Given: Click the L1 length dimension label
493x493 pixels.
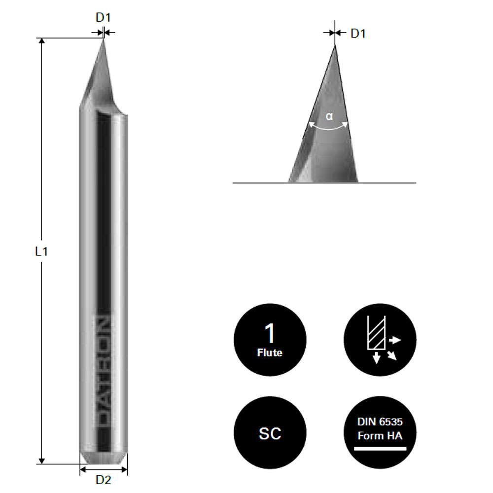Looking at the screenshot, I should (x=41, y=251).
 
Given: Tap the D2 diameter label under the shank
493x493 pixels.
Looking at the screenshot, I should (x=103, y=479).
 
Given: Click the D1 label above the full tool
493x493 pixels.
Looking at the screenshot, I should (x=103, y=18).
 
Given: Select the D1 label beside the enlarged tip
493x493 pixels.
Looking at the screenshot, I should (x=358, y=34).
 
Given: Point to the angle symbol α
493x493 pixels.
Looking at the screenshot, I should (x=329, y=117).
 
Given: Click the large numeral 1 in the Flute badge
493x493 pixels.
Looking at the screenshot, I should (x=270, y=334).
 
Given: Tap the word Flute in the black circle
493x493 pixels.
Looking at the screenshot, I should (x=270, y=352).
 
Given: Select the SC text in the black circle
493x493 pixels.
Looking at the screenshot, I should (x=270, y=433).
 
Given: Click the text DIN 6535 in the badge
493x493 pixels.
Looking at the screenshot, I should (x=380, y=423).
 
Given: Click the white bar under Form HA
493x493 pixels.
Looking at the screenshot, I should (x=380, y=449).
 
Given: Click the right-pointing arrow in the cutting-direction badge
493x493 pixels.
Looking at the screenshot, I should (x=395, y=340).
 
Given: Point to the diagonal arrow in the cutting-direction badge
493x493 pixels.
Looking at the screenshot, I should (x=392, y=355).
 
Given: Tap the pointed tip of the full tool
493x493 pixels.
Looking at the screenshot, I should (x=103, y=40).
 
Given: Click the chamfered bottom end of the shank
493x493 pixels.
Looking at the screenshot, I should (x=104, y=458).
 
